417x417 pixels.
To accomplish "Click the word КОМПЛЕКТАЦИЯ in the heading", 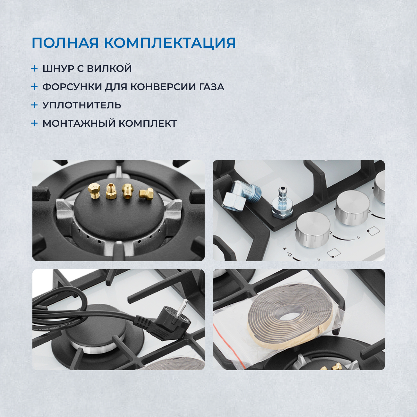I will coord(170,43).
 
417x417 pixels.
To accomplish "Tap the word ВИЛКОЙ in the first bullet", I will coord(109,69).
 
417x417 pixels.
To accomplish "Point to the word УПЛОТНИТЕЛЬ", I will coord(82,105).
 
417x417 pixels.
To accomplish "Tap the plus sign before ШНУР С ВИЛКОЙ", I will coord(34,68).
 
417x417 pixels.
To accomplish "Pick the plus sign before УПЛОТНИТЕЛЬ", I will coord(34,105).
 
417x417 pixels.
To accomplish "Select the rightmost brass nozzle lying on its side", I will coord(146,194).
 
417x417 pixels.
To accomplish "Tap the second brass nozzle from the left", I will coord(111,191).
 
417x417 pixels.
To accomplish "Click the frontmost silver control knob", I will coord(312,229).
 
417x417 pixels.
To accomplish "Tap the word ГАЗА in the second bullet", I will coord(212,87).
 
